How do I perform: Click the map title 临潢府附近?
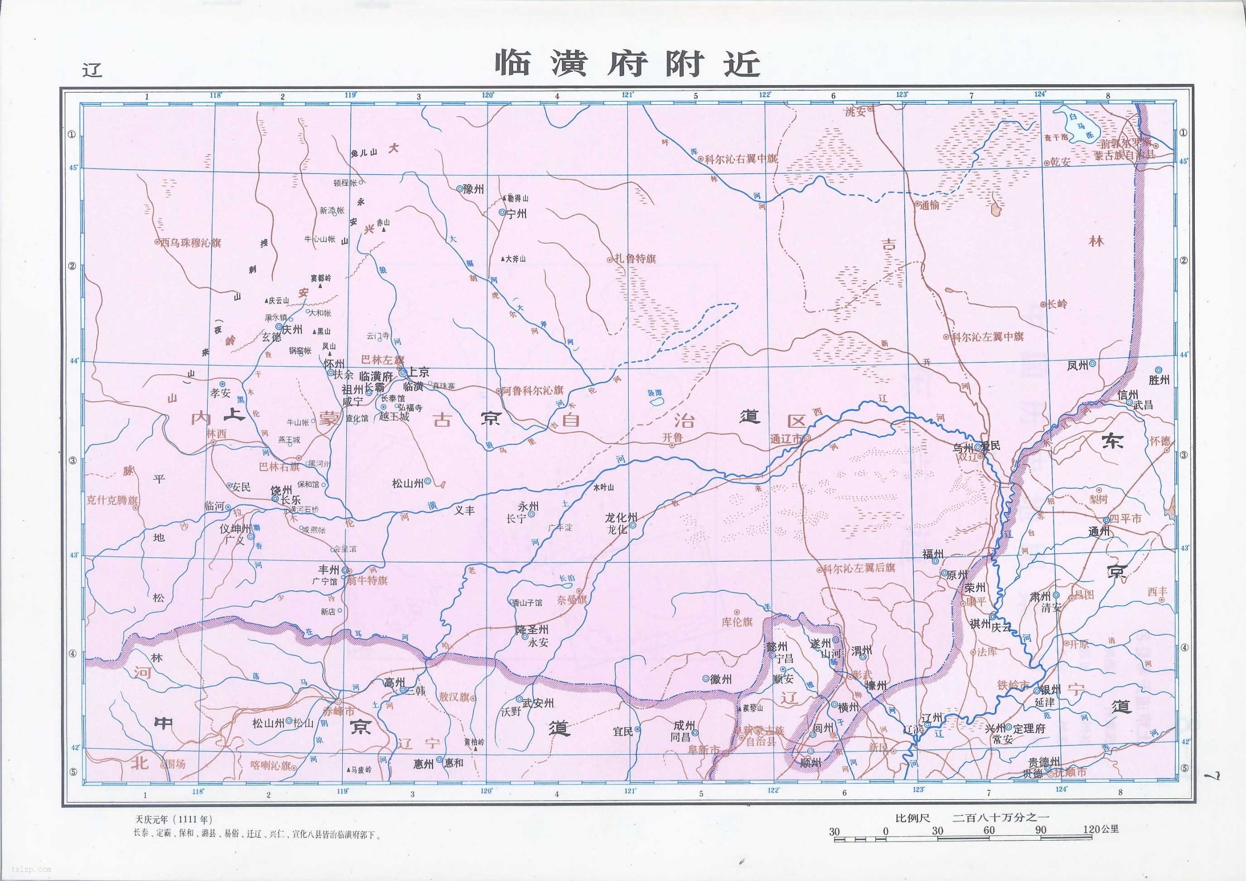pyautogui.click(x=627, y=64)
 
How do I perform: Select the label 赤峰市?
pyautogui.click(x=338, y=711)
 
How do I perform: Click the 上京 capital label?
pyautogui.click(x=418, y=372)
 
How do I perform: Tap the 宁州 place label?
pyautogui.click(x=516, y=214)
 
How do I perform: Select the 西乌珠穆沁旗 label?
pyautogui.click(x=190, y=243)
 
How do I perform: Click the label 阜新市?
pyautogui.click(x=703, y=749)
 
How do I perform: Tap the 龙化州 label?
pyautogui.click(x=621, y=518)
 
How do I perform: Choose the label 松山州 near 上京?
pyautogui.click(x=407, y=483)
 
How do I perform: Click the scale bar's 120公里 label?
pyautogui.click(x=1101, y=829)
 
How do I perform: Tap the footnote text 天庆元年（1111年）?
pyautogui.click(x=173, y=818)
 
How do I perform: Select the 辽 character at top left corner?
pyautogui.click(x=92, y=70)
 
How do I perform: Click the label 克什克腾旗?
pyautogui.click(x=112, y=500)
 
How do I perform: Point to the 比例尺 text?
pyautogui.click(x=912, y=817)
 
